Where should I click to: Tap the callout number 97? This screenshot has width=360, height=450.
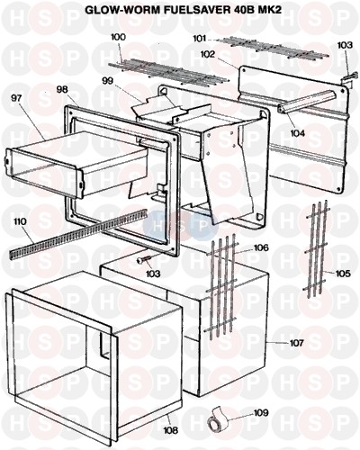coord(18,98)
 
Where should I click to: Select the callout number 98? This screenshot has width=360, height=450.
coord(62,89)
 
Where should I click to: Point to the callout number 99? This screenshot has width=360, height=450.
coord(108,81)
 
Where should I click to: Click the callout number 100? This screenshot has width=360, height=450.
coord(118,37)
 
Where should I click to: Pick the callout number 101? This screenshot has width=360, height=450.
coord(200,39)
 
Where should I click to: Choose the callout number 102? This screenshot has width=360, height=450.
coord(208,54)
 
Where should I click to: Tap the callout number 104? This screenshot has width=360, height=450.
coord(297,132)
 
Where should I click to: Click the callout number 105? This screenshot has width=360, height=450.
coord(343,274)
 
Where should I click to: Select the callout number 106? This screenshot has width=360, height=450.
coord(261,247)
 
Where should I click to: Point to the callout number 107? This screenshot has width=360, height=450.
coord(297,342)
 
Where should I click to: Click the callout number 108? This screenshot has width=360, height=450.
coord(170,430)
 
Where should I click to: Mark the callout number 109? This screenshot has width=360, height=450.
coord(261,413)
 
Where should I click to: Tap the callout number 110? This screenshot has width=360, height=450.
coord(20,221)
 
